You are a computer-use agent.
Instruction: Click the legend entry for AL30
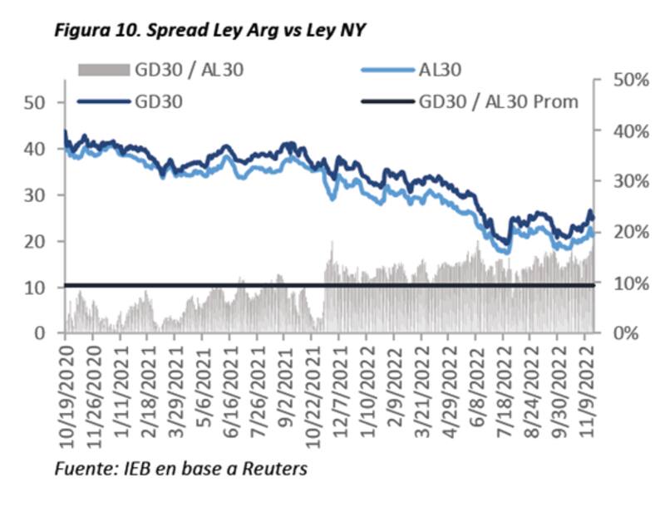tap(441, 70)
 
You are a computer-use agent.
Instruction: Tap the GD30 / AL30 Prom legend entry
tap(499, 101)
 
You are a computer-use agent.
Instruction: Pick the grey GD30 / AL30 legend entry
tap(189, 70)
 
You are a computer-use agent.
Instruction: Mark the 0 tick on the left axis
tap(41, 333)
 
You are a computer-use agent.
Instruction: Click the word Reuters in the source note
tap(277, 469)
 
